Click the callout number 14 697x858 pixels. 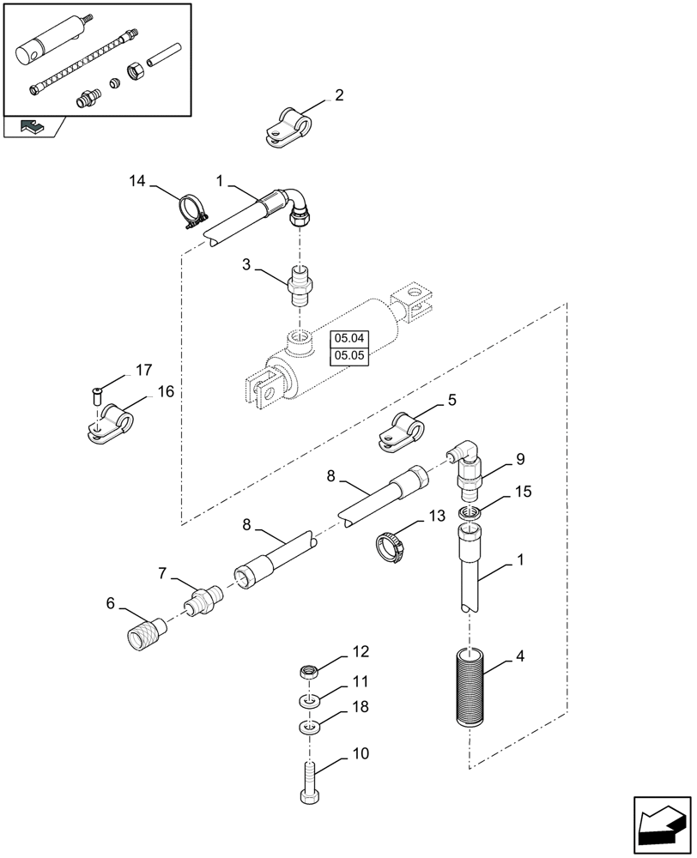tap(137, 181)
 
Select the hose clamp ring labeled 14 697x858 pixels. tap(194, 212)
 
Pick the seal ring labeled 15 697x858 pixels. tap(469, 514)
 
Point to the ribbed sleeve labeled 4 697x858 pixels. tap(470, 692)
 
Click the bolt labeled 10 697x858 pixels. tap(311, 782)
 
